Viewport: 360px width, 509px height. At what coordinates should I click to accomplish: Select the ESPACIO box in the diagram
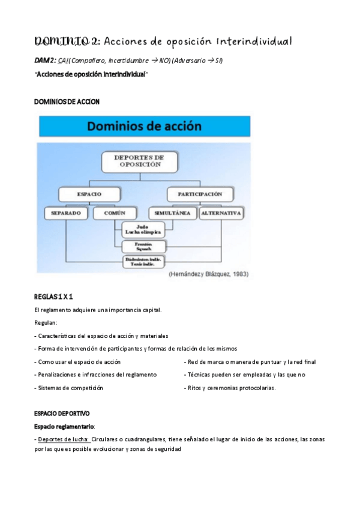(x=88, y=194)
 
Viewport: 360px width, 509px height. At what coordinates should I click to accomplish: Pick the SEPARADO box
(x=67, y=213)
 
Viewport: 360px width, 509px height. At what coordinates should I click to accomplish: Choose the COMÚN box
(x=113, y=213)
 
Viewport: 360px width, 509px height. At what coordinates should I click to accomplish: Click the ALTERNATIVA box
(x=221, y=213)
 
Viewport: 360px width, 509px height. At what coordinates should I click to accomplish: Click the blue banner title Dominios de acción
(x=145, y=127)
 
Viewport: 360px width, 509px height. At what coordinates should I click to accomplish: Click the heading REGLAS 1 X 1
(x=54, y=297)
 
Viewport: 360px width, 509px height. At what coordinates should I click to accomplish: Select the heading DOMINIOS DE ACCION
(x=67, y=101)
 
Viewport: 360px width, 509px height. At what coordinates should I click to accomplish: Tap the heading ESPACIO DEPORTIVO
(x=62, y=414)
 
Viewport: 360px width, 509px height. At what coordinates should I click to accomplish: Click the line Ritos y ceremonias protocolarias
(x=232, y=388)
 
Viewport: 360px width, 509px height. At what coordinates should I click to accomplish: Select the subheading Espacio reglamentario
(x=64, y=426)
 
